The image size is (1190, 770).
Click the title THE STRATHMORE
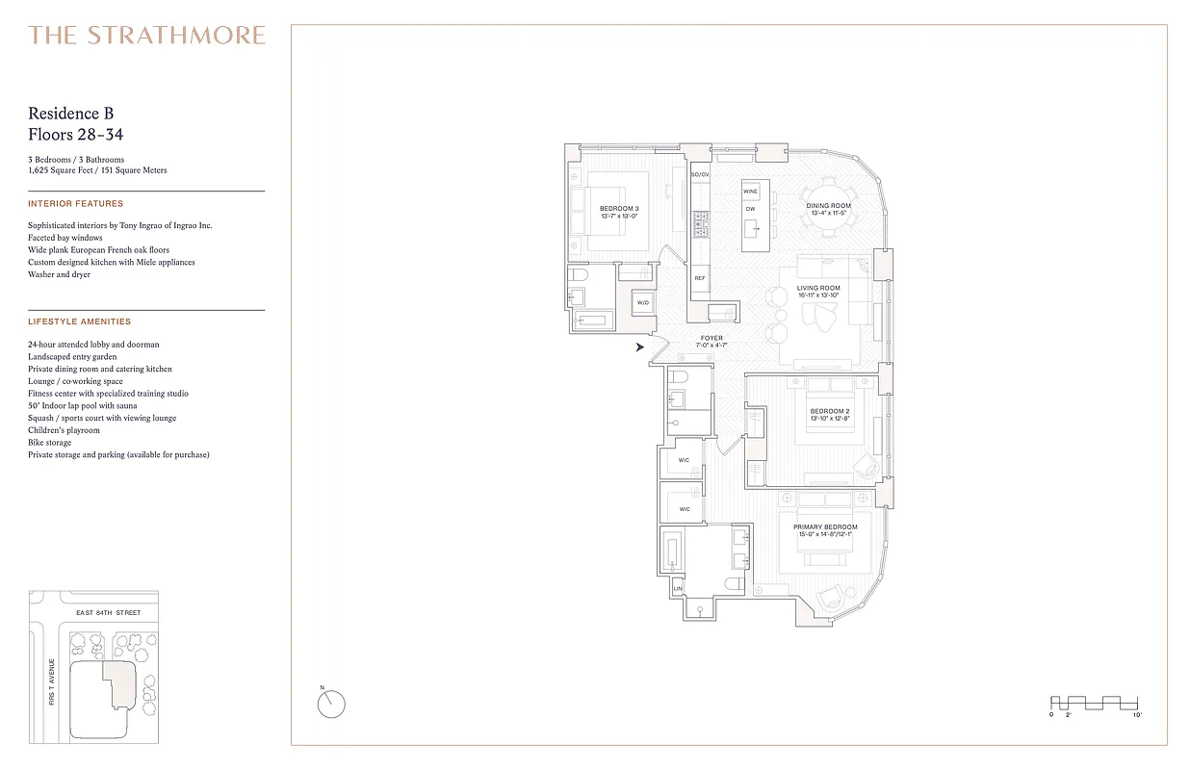click(x=146, y=36)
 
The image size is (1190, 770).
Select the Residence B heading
click(x=71, y=114)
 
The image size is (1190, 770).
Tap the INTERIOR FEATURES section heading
click(x=76, y=204)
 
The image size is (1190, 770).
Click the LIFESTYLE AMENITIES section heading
click(x=80, y=321)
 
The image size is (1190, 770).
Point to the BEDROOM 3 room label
click(x=618, y=209)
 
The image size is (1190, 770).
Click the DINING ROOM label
click(x=828, y=205)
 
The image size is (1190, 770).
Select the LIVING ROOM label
click(x=817, y=288)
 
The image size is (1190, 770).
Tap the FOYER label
click(x=711, y=338)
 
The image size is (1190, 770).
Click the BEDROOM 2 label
click(x=828, y=412)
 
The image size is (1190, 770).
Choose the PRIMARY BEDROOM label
click(x=825, y=527)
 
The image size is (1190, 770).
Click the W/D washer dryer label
click(x=642, y=303)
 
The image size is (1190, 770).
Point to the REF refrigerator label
click(x=700, y=278)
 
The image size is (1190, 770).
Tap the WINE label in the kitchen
click(x=750, y=192)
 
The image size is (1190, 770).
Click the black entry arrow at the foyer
click(x=640, y=347)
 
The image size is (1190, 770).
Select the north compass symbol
click(x=330, y=704)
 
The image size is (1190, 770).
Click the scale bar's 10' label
click(x=1137, y=716)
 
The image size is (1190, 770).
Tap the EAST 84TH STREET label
click(x=108, y=612)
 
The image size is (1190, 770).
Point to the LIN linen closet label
click(x=678, y=588)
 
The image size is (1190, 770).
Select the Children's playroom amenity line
click(x=64, y=430)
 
